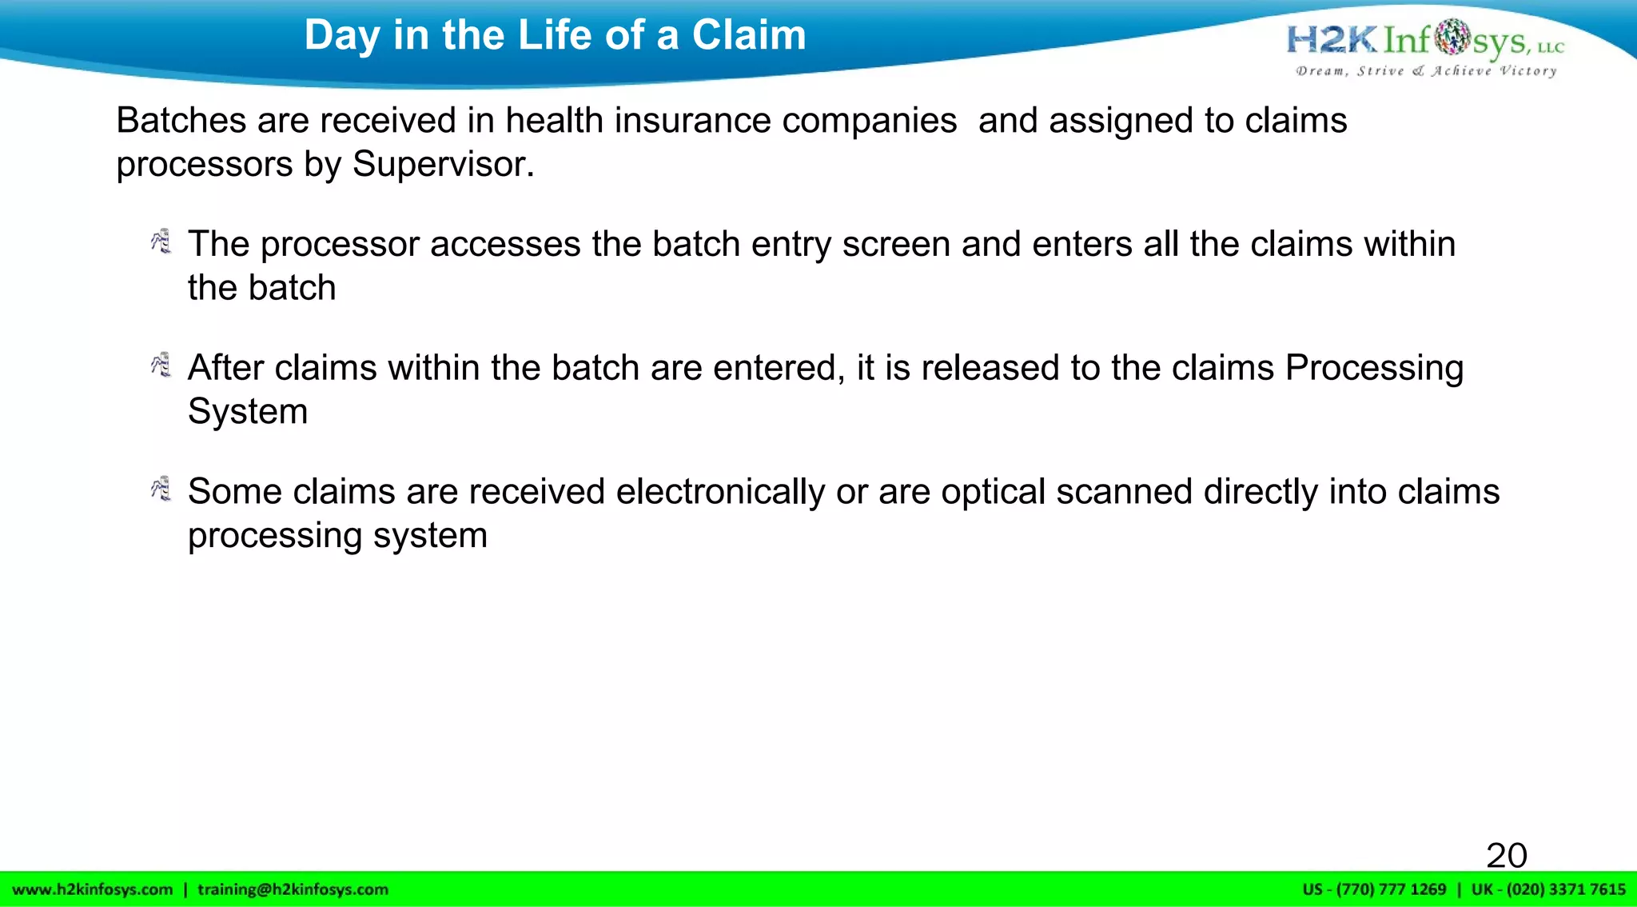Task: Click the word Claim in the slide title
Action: [749, 35]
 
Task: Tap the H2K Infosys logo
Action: [1424, 40]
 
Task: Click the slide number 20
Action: [1507, 855]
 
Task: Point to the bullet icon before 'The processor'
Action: [161, 241]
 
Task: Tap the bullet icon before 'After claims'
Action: [161, 365]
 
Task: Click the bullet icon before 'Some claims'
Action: [161, 489]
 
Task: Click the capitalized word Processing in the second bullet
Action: [1374, 368]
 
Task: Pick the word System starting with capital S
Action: [248, 412]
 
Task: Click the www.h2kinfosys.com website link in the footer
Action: [93, 889]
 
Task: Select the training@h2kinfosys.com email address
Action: [293, 889]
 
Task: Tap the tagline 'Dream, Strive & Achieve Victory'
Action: [1426, 71]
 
